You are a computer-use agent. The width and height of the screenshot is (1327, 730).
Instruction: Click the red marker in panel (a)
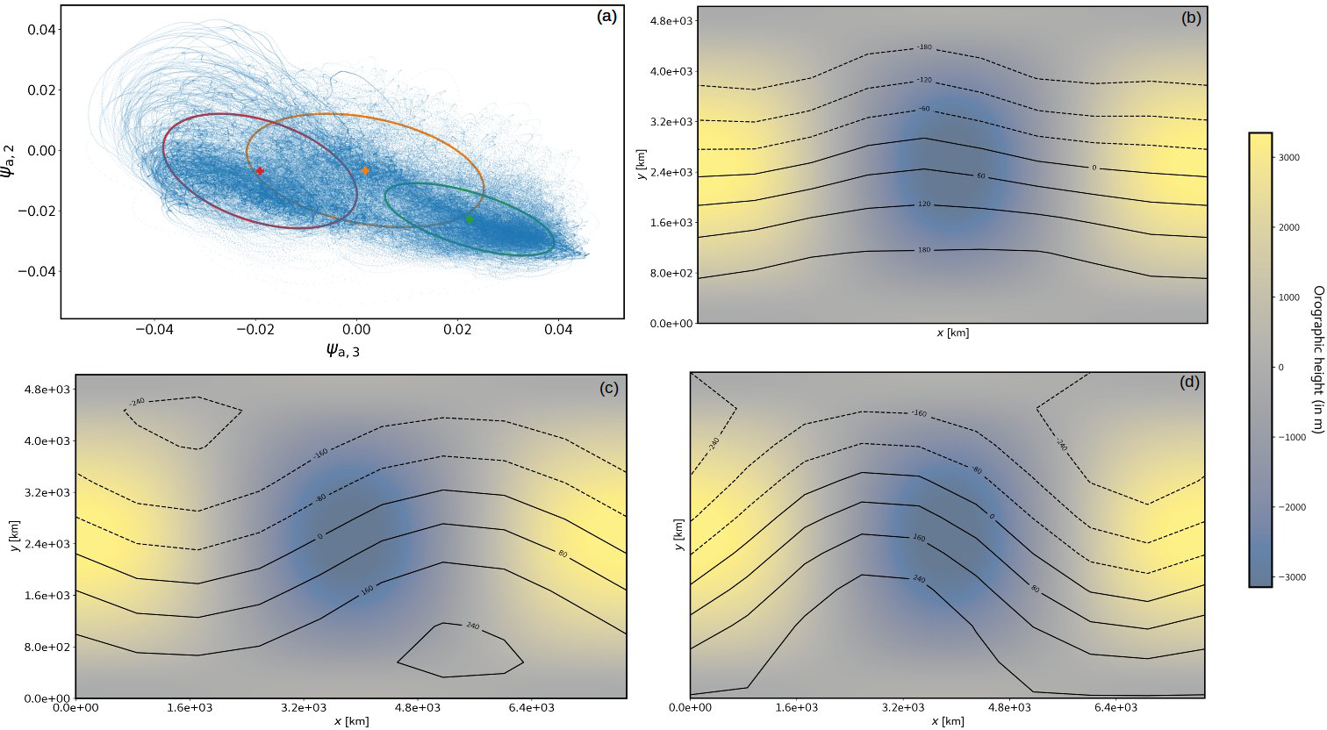click(x=260, y=170)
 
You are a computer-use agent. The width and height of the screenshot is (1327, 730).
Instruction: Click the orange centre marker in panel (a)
click(x=365, y=170)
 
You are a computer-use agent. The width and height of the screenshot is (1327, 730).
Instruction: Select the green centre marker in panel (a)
click(x=469, y=218)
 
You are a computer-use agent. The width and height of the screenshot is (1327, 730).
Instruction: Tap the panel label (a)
click(x=606, y=16)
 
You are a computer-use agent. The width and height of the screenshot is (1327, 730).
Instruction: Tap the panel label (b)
click(x=1191, y=18)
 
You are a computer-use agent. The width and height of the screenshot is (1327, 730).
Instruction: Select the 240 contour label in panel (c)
click(x=473, y=626)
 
